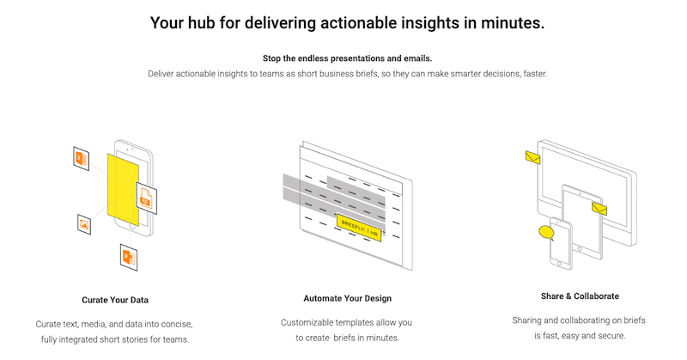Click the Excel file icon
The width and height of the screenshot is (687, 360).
point(81,158)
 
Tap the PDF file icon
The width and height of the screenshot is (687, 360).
point(146,198)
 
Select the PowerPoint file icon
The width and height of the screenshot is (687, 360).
point(129,257)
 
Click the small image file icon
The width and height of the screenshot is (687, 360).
point(83,224)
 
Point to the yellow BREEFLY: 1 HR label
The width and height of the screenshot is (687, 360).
point(359,228)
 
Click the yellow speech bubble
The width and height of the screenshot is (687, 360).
point(546,232)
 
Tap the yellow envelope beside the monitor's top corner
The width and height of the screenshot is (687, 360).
point(532,157)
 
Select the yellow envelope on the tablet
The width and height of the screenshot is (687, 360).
point(599,209)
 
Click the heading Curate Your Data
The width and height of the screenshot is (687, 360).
point(115,300)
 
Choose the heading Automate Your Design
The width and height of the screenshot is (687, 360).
point(348,298)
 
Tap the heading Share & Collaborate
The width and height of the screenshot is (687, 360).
point(580,296)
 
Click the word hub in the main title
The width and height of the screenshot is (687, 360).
point(201,23)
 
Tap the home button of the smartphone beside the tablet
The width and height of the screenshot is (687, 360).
point(559,263)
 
